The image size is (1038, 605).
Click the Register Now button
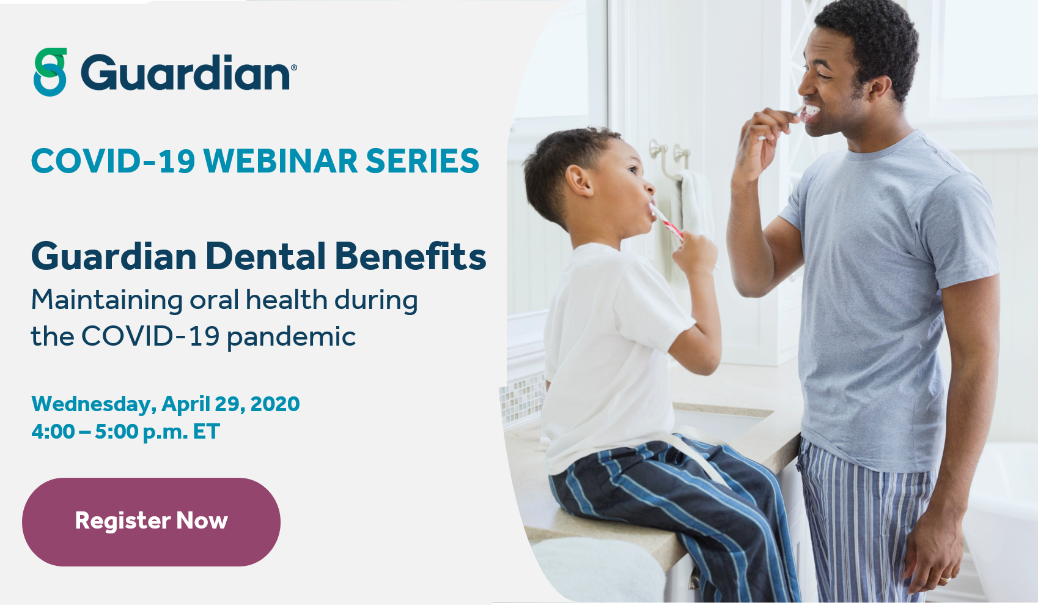151,521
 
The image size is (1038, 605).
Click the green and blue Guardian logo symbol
50,72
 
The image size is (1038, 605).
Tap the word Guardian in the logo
185,73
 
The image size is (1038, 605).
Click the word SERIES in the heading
422,161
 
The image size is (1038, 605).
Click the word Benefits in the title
411,256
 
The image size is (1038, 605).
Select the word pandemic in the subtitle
291,337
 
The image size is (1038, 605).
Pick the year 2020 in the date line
275,404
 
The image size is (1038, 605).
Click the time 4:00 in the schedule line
53,432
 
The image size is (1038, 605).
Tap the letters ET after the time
206,432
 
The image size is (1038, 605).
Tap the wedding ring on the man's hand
945,577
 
